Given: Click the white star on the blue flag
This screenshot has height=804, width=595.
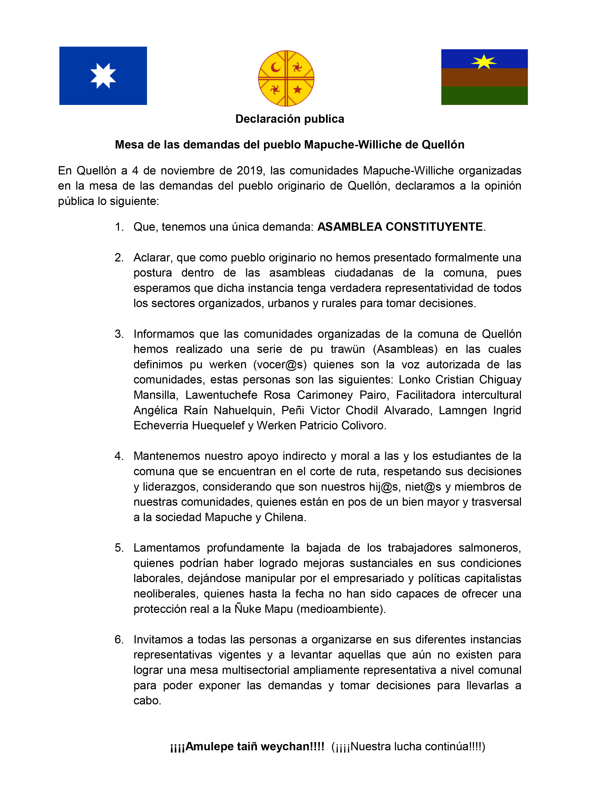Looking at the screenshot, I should [103, 76].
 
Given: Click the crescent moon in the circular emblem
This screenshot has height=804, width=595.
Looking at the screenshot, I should [276, 67].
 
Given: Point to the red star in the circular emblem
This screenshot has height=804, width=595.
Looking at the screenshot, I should [297, 89].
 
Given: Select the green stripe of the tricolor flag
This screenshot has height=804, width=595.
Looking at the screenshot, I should [484, 96].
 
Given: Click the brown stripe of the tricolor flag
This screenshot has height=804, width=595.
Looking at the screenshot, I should [484, 77].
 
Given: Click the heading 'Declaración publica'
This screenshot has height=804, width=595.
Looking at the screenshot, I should [290, 119].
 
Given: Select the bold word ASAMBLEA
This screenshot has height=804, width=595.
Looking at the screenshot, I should [349, 227].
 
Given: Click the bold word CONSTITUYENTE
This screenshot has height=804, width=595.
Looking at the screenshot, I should [434, 227].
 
